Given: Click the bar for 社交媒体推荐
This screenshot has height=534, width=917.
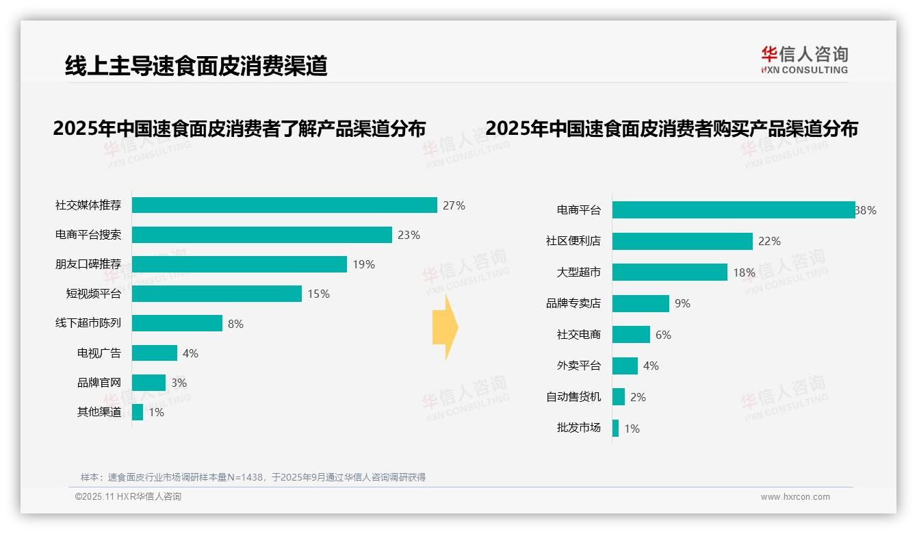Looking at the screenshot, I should (284, 205).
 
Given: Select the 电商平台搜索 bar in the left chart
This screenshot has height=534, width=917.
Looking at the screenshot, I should (261, 235).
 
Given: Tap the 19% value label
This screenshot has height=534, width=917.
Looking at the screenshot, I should (363, 264).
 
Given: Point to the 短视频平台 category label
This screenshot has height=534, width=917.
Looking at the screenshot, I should (93, 294).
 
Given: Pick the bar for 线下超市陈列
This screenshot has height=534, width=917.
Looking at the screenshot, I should (177, 323).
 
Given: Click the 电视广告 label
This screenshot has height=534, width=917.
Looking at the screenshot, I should (99, 353).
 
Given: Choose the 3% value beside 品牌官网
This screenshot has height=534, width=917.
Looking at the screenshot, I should (179, 383).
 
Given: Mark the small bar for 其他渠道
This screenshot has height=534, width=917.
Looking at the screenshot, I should (138, 412).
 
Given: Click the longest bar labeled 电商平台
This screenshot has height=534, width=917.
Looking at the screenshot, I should (733, 210).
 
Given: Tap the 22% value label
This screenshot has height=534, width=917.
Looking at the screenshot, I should (769, 241).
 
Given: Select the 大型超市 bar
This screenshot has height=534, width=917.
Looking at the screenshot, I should (669, 272).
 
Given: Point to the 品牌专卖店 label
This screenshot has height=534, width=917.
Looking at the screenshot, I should (573, 303).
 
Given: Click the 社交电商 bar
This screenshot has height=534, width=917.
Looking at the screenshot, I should (631, 335).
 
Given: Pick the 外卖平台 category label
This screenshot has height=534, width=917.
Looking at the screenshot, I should (578, 366).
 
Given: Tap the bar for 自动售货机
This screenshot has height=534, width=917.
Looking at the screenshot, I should (619, 397).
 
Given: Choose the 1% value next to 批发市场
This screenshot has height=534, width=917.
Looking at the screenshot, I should (632, 429).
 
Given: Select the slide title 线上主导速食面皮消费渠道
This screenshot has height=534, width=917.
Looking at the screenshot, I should (196, 66).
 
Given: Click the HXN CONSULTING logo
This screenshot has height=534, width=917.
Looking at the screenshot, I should (804, 60).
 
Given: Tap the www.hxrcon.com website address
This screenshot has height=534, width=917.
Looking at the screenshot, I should (795, 497).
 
